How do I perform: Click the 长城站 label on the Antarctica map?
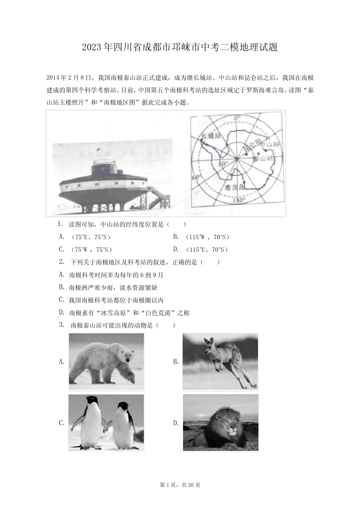pyautogui.click(x=211, y=135)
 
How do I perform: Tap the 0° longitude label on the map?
pyautogui.click(x=237, y=119)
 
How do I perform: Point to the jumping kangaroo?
pyautogui.click(x=224, y=358)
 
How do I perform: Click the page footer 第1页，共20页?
pyautogui.click(x=180, y=485)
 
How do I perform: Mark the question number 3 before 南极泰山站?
pyautogui.click(x=61, y=325)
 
